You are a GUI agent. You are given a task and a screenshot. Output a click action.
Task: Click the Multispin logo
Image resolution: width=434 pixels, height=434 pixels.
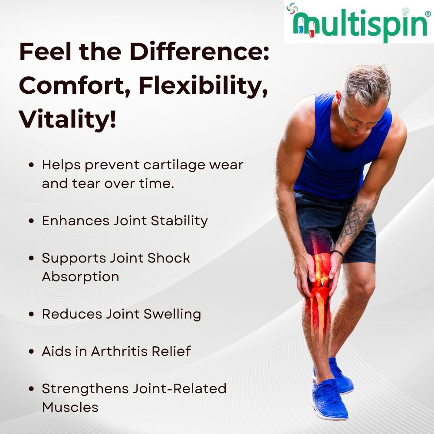coord(359,22)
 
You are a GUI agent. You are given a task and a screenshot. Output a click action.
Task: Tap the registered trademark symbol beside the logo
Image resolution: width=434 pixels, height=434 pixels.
coord(427,13)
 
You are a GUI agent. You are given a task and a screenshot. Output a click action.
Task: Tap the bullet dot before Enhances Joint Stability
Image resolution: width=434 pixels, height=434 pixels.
coord(31,221)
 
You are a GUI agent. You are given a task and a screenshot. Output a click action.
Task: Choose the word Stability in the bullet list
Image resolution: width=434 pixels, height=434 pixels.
coord(179,221)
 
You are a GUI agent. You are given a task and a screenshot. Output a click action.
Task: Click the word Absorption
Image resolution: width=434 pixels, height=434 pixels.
coord(81,277)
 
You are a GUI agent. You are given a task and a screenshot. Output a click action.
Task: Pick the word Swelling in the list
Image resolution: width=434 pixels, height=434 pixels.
coord(172,315)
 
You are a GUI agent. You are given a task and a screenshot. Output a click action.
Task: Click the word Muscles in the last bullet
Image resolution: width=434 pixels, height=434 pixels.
coord(70,408)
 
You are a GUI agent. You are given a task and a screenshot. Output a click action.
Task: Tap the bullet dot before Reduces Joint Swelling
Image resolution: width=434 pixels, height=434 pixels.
coord(31,314)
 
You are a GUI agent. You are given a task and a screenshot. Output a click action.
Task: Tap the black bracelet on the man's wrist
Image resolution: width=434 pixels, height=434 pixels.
coord(338,253)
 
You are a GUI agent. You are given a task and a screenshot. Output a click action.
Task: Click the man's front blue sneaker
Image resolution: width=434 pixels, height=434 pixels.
coord(329,399)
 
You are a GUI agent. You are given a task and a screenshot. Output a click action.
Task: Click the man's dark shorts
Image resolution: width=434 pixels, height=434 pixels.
coord(335,224)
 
